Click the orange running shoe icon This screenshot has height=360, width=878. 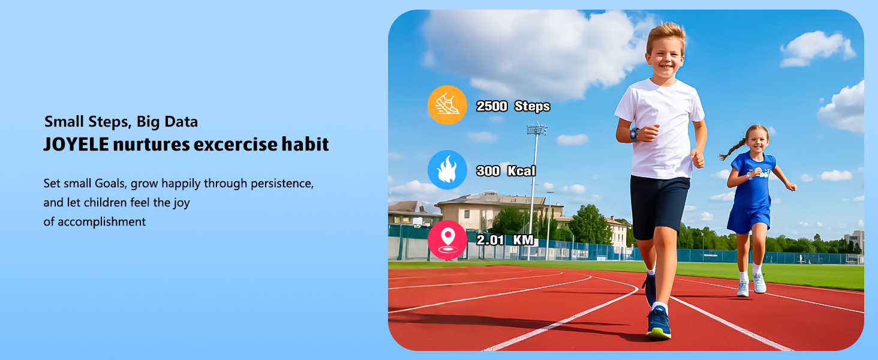point(447,105)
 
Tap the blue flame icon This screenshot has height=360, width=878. point(447,170)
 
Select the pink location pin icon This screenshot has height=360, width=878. point(447,240)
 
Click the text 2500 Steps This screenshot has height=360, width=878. point(513,107)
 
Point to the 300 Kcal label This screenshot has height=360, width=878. point(506,171)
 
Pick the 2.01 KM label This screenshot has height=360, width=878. point(505,241)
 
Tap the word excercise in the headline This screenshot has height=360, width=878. point(239,145)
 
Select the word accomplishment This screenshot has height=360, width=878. point(95,222)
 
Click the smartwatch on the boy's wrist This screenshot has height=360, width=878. point(635,134)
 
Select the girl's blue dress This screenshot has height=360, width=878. point(751,192)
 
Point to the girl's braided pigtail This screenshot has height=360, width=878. point(733,149)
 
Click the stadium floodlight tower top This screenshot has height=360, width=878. point(537,128)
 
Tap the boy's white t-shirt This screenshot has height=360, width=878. point(660,126)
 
